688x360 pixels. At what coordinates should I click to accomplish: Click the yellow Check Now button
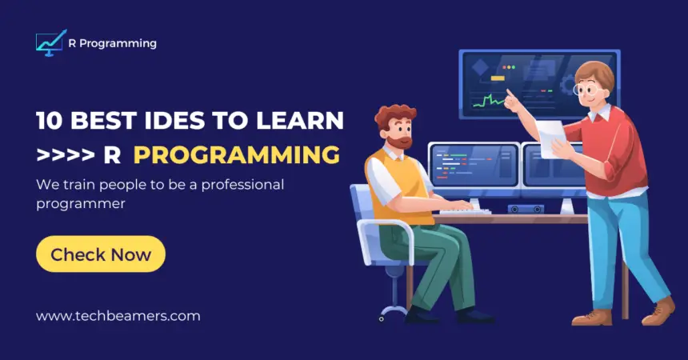(x=101, y=254)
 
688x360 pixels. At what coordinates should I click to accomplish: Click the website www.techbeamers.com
(x=118, y=315)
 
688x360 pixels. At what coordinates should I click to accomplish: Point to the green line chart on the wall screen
(x=490, y=101)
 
